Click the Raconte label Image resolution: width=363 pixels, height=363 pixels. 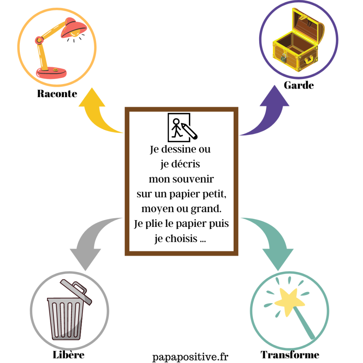click(57, 94)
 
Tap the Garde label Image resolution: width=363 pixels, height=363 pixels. click(298, 85)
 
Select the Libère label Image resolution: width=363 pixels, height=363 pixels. click(69, 354)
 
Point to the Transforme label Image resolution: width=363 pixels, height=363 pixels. click(290, 354)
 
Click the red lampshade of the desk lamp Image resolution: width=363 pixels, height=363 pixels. click(74, 28)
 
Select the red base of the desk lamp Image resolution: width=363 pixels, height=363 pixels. click(51, 73)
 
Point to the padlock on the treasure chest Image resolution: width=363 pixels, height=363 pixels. click(284, 57)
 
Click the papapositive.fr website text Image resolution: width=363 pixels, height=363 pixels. click(190, 356)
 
